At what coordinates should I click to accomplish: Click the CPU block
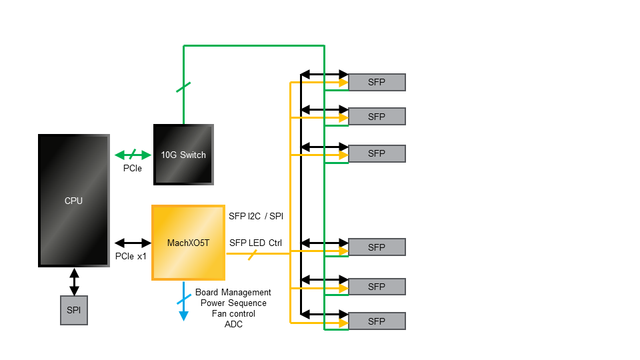pos(73,200)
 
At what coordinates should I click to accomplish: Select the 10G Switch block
pos(183,155)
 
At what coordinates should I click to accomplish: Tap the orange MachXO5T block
pos(188,243)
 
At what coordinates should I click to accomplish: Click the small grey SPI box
pos(73,311)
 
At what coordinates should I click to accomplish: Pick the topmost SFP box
pos(377,82)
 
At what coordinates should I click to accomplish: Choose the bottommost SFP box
pos(377,321)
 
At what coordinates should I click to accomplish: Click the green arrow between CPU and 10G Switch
pos(133,155)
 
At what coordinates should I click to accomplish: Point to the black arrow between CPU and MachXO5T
pos(133,243)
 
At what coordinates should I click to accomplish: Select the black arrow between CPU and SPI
pos(74,281)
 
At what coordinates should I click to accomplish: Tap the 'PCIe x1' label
pos(131,257)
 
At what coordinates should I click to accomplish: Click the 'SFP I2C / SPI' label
pos(257,215)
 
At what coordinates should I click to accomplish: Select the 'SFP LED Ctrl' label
pos(255,243)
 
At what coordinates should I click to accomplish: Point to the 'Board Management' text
pos(233,293)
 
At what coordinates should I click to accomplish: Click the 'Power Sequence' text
pos(233,303)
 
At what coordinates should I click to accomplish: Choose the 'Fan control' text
pos(233,314)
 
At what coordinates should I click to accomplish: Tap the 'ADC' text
pos(233,325)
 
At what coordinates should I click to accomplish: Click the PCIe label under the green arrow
pos(133,169)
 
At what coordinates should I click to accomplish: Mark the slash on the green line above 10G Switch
pos(183,87)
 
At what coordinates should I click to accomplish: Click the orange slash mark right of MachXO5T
pos(253,254)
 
